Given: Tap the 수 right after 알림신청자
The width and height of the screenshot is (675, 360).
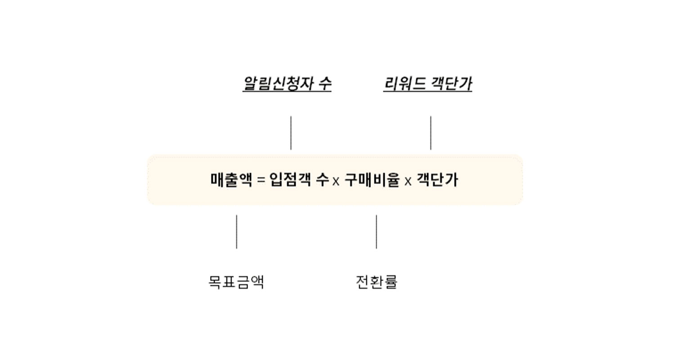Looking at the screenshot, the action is (325, 83).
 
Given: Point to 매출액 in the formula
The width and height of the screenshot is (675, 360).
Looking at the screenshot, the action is (231, 180).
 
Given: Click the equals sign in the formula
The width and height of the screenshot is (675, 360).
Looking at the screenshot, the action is (261, 180).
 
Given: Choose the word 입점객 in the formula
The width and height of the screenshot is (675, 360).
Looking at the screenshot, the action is (290, 180).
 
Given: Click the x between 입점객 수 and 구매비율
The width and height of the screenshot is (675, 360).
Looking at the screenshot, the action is (336, 181).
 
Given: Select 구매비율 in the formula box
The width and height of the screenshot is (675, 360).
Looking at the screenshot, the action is (372, 180).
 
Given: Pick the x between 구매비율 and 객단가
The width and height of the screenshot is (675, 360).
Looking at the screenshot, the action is (408, 181).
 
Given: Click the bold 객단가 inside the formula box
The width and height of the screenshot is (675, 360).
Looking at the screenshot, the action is (437, 180).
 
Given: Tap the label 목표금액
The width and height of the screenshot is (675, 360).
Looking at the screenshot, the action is (236, 282).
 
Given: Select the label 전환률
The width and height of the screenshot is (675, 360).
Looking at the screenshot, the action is (376, 282).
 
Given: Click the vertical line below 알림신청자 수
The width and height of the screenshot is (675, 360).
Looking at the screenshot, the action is (291, 133).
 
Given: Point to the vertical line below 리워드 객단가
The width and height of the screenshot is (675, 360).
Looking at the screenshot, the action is (431, 133).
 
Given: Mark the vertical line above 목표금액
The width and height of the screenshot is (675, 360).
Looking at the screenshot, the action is (237, 232).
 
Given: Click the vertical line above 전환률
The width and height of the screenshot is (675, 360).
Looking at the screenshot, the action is (376, 232).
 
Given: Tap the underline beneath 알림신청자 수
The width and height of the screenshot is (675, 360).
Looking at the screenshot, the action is (287, 91).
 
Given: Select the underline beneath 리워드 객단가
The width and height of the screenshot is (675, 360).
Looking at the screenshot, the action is (428, 91).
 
